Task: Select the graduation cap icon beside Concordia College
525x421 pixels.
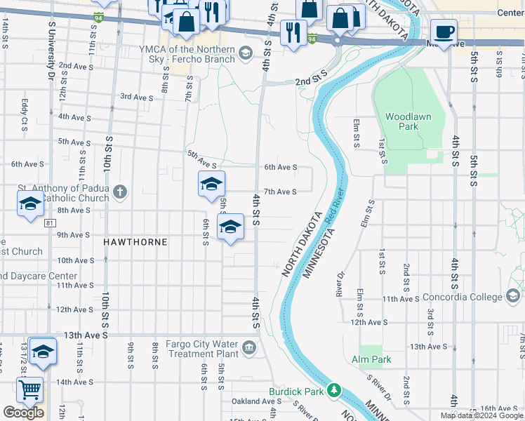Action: click(514, 298)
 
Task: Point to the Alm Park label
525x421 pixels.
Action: click(372, 360)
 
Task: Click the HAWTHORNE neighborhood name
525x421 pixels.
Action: click(135, 242)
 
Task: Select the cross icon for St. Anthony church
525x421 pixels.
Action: click(120, 192)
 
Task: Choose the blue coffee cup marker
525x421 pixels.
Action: click(444, 32)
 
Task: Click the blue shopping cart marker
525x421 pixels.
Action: click(29, 389)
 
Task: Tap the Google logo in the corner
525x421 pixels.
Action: click(23, 413)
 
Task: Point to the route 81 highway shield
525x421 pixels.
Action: click(48, 223)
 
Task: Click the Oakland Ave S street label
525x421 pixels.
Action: click(256, 401)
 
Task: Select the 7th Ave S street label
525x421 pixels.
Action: click(280, 192)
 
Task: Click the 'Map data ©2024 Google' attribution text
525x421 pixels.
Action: click(481, 415)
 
